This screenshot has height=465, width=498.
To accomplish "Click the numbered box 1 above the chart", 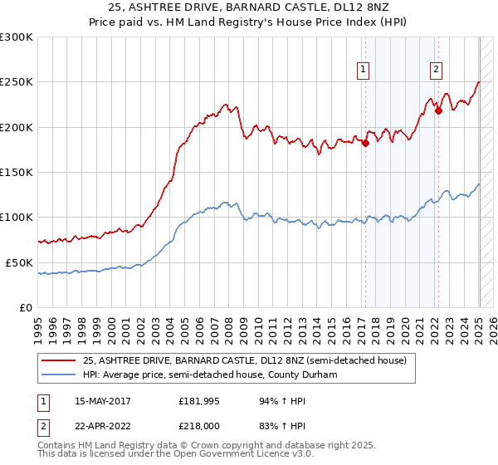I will tap(364, 71).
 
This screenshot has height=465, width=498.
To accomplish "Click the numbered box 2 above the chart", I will tap(437, 71).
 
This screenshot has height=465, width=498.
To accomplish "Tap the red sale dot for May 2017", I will tap(365, 143).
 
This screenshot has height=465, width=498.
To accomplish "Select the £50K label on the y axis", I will tap(19, 262).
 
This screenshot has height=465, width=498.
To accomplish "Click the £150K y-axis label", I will tap(17, 173).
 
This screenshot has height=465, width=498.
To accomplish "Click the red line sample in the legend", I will tap(60, 360).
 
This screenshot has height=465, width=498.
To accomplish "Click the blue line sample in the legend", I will tap(60, 375).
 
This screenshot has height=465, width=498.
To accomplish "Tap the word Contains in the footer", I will tap(60, 446).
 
